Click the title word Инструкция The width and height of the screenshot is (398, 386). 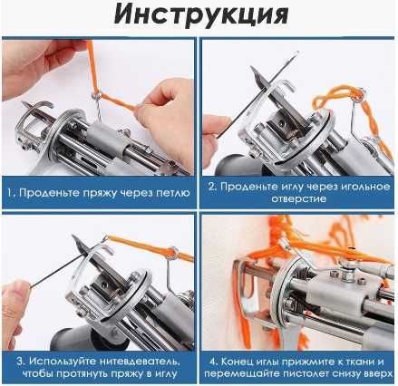point(199,16)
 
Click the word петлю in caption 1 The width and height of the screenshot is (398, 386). point(169,194)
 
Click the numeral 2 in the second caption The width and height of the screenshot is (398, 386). point(211,188)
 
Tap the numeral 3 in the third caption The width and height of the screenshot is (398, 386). point(18,361)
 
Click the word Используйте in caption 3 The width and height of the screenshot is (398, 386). point(60,361)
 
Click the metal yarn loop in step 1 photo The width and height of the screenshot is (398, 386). point(93,94)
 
